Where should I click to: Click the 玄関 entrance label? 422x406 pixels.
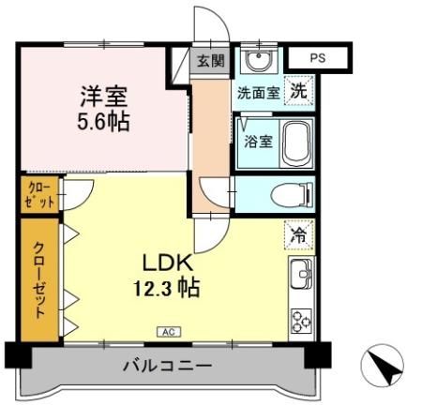point(211,62)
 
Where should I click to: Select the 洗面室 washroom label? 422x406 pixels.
point(257,93)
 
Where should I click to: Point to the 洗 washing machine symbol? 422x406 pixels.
point(298,92)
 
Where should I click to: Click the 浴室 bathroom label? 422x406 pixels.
point(257,143)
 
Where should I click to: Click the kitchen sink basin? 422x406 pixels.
point(302,276)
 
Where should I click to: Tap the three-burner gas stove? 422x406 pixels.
point(302,321)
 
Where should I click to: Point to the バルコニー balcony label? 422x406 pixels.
point(167,365)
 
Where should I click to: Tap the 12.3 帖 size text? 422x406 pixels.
point(167,288)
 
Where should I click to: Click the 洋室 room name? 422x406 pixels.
point(103,96)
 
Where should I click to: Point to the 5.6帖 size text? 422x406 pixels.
point(103,122)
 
